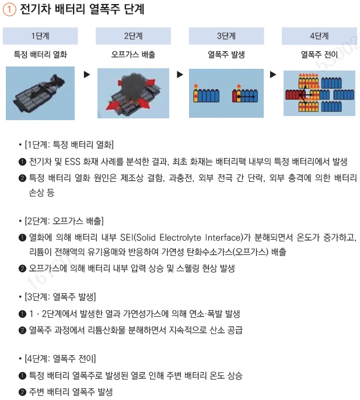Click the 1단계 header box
pos(40,36)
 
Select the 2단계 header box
pos(133,36)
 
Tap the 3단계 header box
pos(226,36)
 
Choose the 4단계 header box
pos(319,36)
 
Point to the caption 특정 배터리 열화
pos(40,55)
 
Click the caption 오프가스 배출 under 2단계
pos(133,55)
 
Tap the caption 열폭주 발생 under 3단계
pos(226,55)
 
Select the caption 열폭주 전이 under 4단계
pos(319,55)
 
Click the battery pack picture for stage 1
pos(40,93)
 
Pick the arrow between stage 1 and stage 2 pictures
pos(87,75)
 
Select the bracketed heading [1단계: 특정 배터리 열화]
pos(69,144)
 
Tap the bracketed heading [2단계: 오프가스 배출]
pos(65,220)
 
